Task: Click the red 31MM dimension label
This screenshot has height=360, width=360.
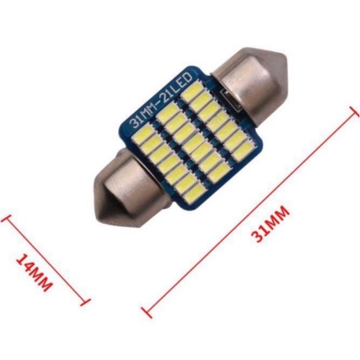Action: [x=270, y=224]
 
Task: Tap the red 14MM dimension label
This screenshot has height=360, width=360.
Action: [x=34, y=272]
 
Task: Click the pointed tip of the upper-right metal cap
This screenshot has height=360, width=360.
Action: [x=287, y=60]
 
